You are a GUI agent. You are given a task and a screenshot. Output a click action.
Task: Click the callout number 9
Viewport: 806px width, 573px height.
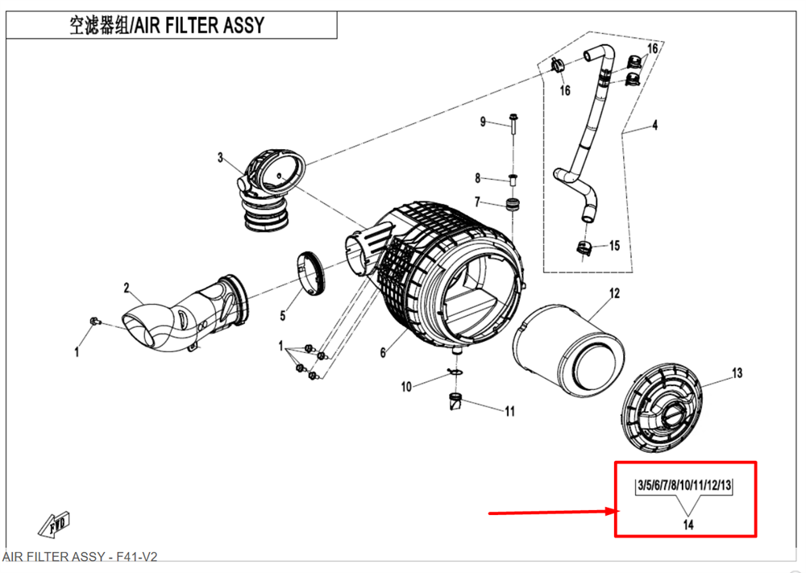tap(484, 122)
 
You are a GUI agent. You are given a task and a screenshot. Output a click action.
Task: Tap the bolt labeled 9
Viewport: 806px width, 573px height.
tap(513, 123)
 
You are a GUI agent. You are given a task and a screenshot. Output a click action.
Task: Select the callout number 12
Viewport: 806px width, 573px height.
tap(614, 293)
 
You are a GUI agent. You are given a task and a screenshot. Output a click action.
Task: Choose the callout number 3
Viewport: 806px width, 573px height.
tap(220, 157)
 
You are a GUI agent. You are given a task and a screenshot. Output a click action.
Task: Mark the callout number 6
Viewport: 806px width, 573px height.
tap(384, 353)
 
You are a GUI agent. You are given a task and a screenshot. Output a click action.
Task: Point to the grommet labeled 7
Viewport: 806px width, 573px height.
tap(511, 204)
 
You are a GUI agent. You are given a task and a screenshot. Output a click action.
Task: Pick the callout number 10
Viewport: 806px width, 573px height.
tap(406, 387)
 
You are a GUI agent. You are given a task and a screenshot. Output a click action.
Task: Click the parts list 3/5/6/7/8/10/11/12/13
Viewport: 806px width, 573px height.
tap(684, 485)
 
